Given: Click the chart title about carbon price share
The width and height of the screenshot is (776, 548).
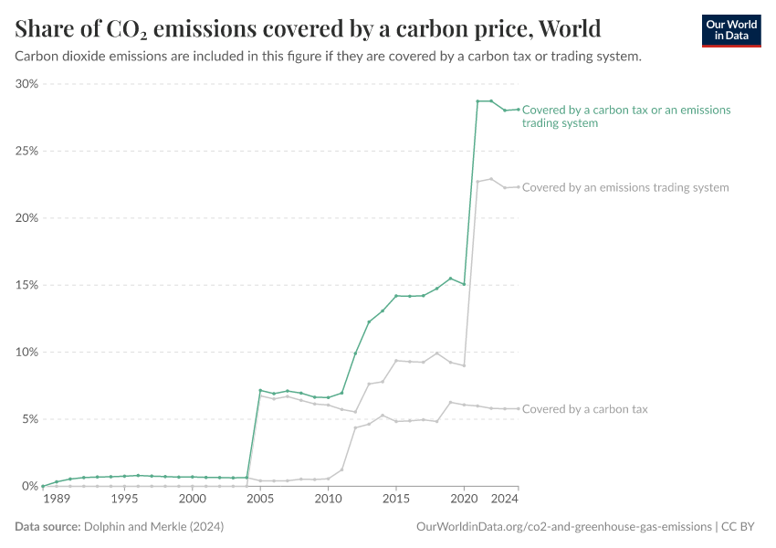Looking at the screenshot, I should pyautogui.click(x=308, y=29).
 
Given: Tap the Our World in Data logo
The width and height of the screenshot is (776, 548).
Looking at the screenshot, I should pyautogui.click(x=730, y=30).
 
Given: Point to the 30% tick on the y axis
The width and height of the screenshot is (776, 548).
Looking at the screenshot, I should pyautogui.click(x=26, y=84).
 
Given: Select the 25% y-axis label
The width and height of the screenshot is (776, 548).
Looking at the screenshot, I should pyautogui.click(x=26, y=151).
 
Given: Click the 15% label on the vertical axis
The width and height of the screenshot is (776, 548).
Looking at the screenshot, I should pyautogui.click(x=26, y=285).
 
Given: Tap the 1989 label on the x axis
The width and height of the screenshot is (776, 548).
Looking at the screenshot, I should pyautogui.click(x=56, y=500).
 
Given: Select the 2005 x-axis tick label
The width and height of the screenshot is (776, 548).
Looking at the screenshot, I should pyautogui.click(x=260, y=500).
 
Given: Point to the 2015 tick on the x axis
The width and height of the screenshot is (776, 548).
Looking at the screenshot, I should pyautogui.click(x=396, y=500).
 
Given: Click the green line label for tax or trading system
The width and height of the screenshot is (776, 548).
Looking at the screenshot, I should pyautogui.click(x=626, y=116).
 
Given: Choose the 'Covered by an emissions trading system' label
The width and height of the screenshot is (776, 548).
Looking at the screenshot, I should pyautogui.click(x=625, y=187).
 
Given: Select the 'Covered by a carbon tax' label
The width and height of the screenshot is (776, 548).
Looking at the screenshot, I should pyautogui.click(x=584, y=409).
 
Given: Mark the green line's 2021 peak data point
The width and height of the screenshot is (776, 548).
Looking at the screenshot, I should pyautogui.click(x=477, y=101).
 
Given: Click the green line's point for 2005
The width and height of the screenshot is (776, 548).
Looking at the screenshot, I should pyautogui.click(x=260, y=391).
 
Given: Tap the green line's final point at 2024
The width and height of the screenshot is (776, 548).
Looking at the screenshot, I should pyautogui.click(x=519, y=110).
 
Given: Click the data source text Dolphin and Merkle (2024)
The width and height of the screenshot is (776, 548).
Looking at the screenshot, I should pyautogui.click(x=153, y=527).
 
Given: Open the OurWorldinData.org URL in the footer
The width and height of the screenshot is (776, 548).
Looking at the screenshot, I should pyautogui.click(x=563, y=527).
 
